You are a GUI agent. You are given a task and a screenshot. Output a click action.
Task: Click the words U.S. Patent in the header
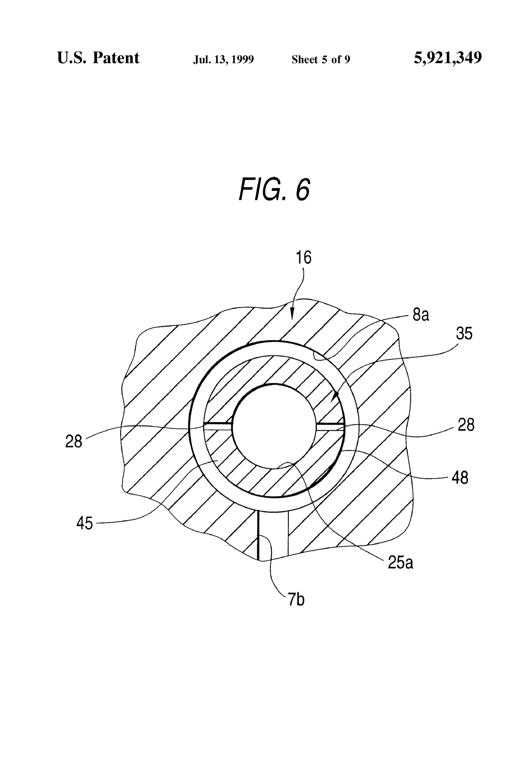click(98, 58)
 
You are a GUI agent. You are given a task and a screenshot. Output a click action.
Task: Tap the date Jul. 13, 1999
click(224, 60)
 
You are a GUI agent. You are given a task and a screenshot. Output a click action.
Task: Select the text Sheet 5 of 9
click(321, 60)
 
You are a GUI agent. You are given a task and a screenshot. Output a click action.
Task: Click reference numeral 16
click(303, 258)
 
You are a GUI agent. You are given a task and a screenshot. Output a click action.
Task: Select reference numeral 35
click(464, 334)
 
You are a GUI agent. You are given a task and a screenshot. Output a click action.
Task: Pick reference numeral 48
click(460, 478)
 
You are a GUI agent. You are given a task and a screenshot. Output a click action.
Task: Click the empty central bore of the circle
click(274, 426)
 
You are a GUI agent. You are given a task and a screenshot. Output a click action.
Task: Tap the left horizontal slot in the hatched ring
click(218, 427)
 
